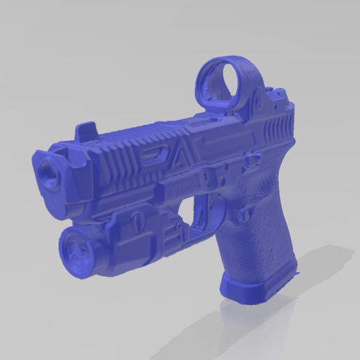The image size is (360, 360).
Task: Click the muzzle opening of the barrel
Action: point(48,170)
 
